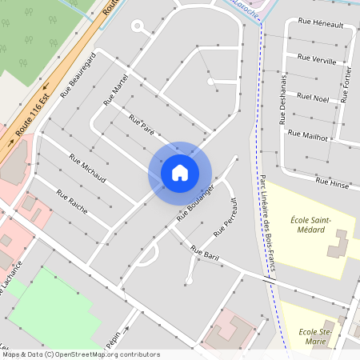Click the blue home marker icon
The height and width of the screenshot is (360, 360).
pyautogui.click(x=180, y=172)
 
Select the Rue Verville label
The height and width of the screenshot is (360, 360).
pyautogui.click(x=316, y=58)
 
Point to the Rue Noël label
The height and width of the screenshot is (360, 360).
pyautogui.click(x=313, y=98)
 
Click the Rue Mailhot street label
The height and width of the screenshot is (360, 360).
pyautogui.click(x=308, y=136)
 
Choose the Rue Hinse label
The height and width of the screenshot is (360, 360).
pyautogui.click(x=332, y=182)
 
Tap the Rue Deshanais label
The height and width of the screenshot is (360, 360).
pyautogui.click(x=283, y=98)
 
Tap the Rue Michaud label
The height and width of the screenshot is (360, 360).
pyautogui.click(x=87, y=168)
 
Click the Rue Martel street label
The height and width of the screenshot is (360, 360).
pyautogui.click(x=115, y=93)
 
